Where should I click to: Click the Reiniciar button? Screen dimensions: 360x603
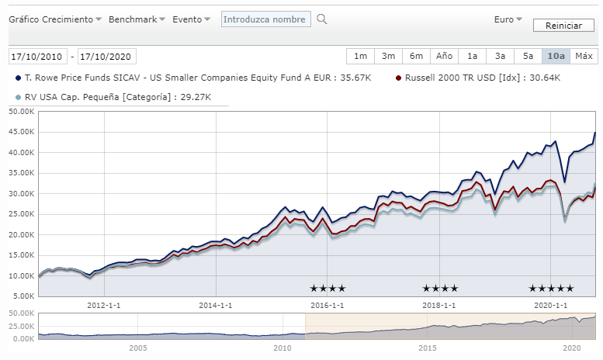tap(563, 26)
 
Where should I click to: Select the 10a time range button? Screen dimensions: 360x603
tap(556, 56)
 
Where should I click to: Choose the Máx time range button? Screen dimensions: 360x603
tap(584, 56)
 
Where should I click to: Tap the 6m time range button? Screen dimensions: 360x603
tap(416, 56)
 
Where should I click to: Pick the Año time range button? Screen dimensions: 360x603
tap(444, 56)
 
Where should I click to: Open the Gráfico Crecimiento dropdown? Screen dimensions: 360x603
tap(55, 19)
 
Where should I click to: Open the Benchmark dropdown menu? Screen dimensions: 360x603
tap(137, 19)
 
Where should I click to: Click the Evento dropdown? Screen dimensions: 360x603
tap(191, 19)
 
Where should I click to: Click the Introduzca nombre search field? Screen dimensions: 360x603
tap(266, 19)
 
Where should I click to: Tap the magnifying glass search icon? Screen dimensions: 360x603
tap(322, 19)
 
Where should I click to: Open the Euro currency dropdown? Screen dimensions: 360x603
tap(508, 19)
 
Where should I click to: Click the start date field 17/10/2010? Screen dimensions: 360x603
tap(37, 57)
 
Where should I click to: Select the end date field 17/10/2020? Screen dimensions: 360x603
tap(107, 57)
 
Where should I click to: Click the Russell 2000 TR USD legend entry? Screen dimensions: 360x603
tap(478, 78)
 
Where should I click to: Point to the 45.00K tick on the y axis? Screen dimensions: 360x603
tap(20, 132)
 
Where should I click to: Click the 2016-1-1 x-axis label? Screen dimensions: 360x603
tap(327, 305)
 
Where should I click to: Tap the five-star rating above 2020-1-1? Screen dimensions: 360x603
tap(551, 289)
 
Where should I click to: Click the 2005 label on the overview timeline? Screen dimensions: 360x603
tap(138, 348)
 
